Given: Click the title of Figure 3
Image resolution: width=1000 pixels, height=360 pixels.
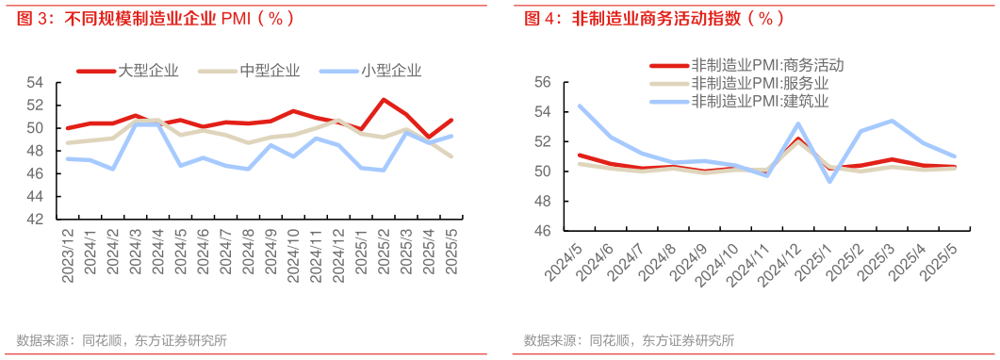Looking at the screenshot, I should point(156,18).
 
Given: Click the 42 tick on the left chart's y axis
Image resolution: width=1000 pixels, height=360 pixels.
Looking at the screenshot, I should point(36,219).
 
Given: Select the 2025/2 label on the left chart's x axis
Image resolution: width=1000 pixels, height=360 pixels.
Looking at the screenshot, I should point(385,253).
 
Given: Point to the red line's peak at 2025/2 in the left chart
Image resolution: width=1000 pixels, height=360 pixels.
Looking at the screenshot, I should point(384,99).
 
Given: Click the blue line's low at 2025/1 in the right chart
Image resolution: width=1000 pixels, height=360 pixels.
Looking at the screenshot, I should point(830,181).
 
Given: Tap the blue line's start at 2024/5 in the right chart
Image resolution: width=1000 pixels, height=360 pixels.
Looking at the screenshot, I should point(579,106).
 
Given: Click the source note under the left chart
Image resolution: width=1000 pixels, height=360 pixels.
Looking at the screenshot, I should point(122,340).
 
